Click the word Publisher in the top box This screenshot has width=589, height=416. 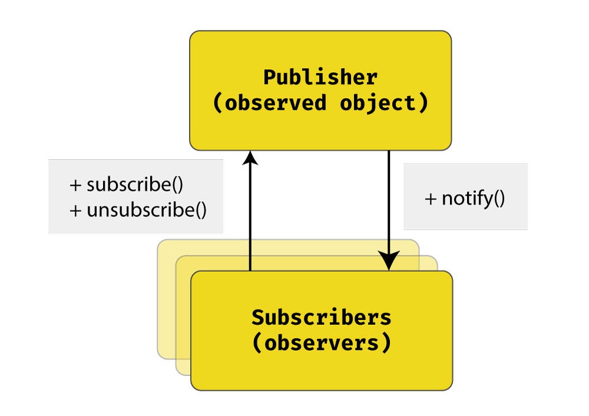coord(320,78)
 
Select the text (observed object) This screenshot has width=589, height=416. coord(320,103)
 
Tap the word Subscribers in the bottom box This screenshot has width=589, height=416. coord(321,317)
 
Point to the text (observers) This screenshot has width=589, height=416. coord(321,342)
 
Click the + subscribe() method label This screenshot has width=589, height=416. coord(127,185)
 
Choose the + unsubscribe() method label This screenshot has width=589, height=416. coord(138,210)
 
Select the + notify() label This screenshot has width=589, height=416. coord(465,198)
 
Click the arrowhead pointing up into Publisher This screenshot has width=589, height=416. coord(250,158)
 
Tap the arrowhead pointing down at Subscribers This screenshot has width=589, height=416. coord(389,261)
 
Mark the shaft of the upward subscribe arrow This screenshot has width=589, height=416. coord(250,218)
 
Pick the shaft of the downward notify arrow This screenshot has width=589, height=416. coord(389,200)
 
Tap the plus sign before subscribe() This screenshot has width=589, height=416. coord(75,185)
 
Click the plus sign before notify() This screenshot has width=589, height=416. coord(431,199)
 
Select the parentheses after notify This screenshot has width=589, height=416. coord(498,199)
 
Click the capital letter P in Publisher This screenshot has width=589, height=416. coord(269,78)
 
